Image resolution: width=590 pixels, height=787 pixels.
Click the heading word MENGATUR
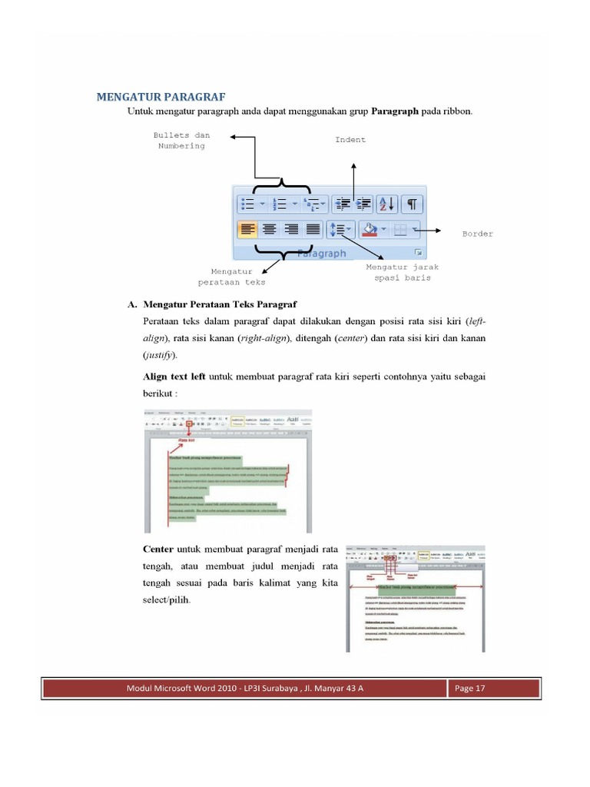126,97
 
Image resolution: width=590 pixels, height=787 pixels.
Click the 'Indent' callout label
350,140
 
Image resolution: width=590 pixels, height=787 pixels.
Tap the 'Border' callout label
477,234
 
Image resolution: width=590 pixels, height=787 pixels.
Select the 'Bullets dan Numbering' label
181,141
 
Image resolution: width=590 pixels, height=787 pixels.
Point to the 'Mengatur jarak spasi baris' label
402,272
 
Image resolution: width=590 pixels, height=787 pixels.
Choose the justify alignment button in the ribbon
313,229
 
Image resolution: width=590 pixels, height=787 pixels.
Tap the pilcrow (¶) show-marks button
412,204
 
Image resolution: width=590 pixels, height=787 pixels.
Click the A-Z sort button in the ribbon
386,204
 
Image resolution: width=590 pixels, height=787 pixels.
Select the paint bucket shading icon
370,229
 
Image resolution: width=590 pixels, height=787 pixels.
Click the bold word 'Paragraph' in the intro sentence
395,111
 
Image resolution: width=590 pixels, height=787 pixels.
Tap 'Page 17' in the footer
470,688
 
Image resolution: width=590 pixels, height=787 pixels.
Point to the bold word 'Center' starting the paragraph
158,550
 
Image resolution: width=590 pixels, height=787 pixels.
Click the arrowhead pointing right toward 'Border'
437,229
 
